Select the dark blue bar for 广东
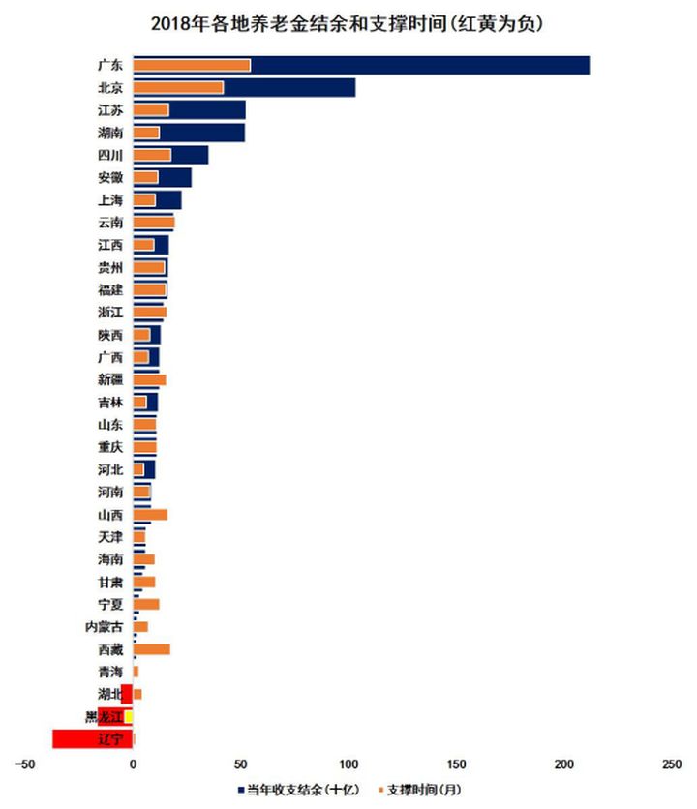point(416,66)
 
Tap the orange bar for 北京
point(178,88)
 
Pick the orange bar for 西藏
point(151,649)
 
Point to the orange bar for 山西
point(150,515)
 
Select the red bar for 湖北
point(126,694)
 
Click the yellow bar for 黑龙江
point(129,716)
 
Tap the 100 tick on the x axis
point(349,764)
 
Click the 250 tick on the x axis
point(671,764)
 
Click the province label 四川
point(110,156)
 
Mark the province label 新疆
point(110,380)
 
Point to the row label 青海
point(110,672)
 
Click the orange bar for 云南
point(153,223)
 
